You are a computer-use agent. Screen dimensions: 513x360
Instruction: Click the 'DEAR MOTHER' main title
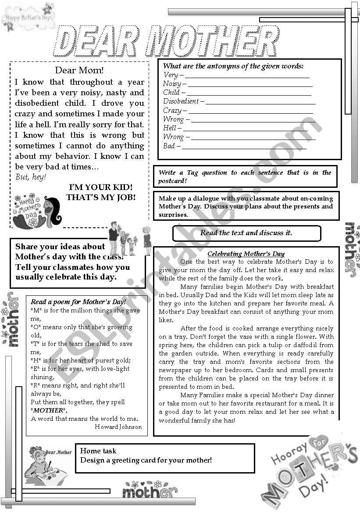[x=167, y=42]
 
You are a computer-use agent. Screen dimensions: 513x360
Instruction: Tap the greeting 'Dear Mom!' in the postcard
[x=79, y=70]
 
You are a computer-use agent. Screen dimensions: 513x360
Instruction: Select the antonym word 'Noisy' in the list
[x=171, y=84]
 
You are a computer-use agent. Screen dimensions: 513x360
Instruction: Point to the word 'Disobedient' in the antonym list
[x=181, y=101]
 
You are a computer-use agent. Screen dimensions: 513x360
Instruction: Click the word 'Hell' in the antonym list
[x=169, y=128]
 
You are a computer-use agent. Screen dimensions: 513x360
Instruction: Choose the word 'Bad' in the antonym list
[x=169, y=146]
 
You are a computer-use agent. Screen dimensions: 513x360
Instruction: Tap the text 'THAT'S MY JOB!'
[x=101, y=197]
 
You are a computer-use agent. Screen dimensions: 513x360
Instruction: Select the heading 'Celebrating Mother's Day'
[x=246, y=254]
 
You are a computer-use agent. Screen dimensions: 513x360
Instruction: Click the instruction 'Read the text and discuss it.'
[x=246, y=233]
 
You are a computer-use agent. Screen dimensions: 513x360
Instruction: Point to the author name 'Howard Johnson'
[x=118, y=427]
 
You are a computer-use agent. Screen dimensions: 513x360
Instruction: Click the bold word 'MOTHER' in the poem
[x=49, y=410]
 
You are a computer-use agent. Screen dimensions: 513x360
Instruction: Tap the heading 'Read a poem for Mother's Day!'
[x=78, y=302]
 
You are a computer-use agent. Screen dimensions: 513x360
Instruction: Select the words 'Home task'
[x=98, y=451]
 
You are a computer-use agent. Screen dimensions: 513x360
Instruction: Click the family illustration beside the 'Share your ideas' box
[x=129, y=240]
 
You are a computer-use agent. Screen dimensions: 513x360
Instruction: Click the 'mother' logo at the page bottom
[x=150, y=490]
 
